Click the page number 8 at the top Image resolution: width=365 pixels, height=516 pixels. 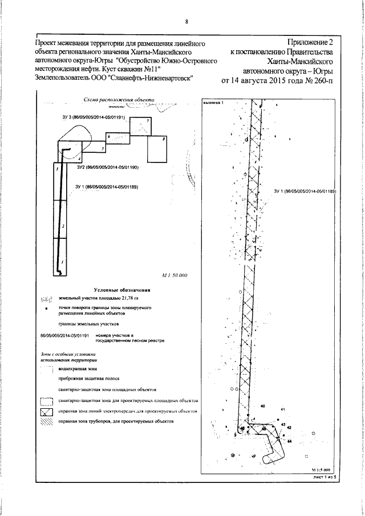[x=186, y=22]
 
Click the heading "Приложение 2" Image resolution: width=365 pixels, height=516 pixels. [x=310, y=43]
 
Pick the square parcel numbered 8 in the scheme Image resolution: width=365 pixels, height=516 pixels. [x=157, y=150]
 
